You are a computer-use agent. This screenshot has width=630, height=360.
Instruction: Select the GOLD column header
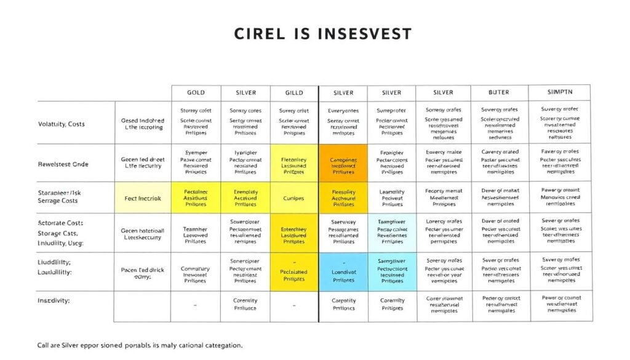(x=196, y=92)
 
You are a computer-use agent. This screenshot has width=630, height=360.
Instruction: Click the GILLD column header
(x=294, y=92)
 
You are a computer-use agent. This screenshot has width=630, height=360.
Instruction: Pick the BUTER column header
(x=498, y=92)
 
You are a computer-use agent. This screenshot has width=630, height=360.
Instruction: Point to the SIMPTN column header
(x=560, y=92)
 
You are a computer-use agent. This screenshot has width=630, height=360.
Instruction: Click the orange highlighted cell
(x=343, y=163)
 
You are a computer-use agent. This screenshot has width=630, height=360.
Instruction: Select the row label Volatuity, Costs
(x=62, y=124)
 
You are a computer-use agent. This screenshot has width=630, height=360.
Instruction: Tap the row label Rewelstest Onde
(x=63, y=164)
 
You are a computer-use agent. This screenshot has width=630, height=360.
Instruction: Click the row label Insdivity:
(x=54, y=301)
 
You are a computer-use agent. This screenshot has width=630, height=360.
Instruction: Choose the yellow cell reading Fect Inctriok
(x=142, y=198)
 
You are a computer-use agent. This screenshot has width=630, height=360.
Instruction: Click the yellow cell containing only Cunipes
(x=294, y=198)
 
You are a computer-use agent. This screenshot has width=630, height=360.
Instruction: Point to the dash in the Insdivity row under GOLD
(x=195, y=305)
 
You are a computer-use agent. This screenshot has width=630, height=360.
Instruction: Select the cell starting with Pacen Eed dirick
(x=142, y=273)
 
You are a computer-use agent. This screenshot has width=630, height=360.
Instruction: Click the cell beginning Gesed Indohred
(x=142, y=124)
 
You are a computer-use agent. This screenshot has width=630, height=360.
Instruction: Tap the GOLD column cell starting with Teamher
(x=196, y=234)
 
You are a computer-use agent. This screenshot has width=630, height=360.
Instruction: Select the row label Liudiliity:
(x=54, y=262)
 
